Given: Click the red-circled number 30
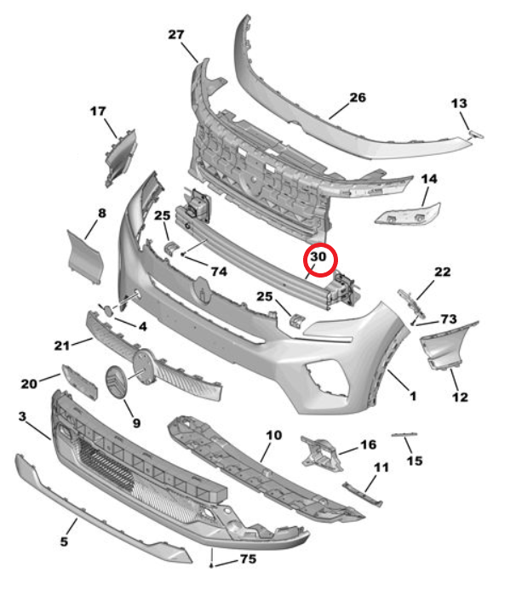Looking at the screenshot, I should pyautogui.click(x=319, y=255).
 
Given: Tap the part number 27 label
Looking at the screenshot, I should pyautogui.click(x=176, y=35).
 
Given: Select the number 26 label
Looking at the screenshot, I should pyautogui.click(x=357, y=98).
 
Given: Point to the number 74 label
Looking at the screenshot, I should pyautogui.click(x=218, y=272).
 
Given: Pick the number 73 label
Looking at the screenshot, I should pyautogui.click(x=449, y=318).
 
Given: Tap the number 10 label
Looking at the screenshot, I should pyautogui.click(x=272, y=435).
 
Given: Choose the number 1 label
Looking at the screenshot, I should pyautogui.click(x=412, y=396).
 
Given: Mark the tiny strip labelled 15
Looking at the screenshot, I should pyautogui.click(x=404, y=435).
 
